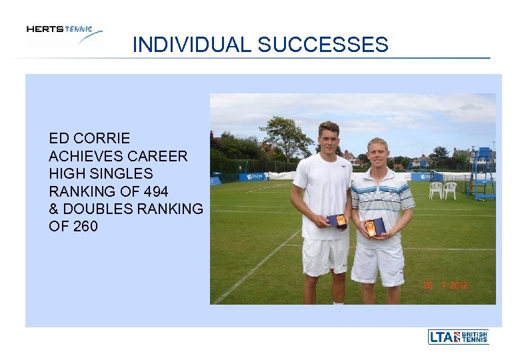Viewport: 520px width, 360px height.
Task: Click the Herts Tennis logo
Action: [64, 33]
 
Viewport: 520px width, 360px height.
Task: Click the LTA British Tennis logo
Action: [458, 337]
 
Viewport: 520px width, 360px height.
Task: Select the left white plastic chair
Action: [435, 190]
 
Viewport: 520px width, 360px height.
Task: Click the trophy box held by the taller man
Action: [337, 221]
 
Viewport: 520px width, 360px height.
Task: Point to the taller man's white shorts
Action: [325, 255]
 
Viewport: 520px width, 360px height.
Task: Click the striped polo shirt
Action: [381, 200]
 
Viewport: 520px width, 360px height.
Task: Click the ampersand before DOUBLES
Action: [54, 209]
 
